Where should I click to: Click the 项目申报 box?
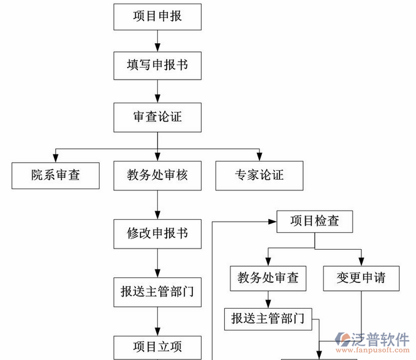(157, 16)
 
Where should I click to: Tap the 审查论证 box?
(157, 117)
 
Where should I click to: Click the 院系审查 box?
(56, 175)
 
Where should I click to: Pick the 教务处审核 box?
(157, 175)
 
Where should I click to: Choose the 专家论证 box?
(259, 175)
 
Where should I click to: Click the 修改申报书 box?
(157, 234)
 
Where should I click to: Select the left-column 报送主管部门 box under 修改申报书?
(157, 291)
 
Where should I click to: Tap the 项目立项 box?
(157, 346)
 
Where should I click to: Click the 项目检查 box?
(315, 222)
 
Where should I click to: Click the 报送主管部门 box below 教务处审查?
(268, 318)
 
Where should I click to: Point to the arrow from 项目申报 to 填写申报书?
(157, 41)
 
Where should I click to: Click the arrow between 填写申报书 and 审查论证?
(157, 91)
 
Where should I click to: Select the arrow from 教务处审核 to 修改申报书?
(157, 205)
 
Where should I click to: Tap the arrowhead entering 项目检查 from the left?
(273, 222)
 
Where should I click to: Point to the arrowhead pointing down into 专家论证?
(259, 157)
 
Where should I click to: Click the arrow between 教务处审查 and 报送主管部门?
(268, 299)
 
